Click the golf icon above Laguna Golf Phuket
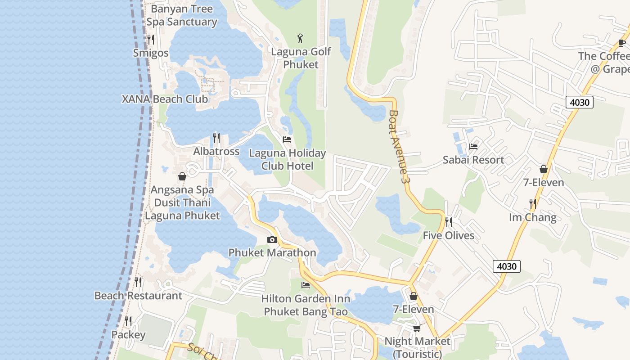(301, 38)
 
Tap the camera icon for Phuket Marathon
(272, 239)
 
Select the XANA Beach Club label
(165, 99)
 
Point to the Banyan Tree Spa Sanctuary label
(181, 15)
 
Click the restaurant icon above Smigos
(151, 40)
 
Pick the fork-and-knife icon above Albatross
(216, 138)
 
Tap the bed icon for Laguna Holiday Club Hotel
(287, 139)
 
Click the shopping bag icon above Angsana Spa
(182, 176)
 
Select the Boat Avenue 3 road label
(400, 146)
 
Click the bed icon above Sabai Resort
(473, 146)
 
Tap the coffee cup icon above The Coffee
(622, 43)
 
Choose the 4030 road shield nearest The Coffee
(579, 102)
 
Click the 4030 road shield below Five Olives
(506, 266)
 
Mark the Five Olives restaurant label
(448, 235)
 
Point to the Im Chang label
(532, 217)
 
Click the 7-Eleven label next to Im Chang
(543, 182)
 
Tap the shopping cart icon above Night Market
(417, 328)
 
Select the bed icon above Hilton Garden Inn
(306, 285)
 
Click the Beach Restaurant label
(138, 296)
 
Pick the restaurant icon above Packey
(128, 321)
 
